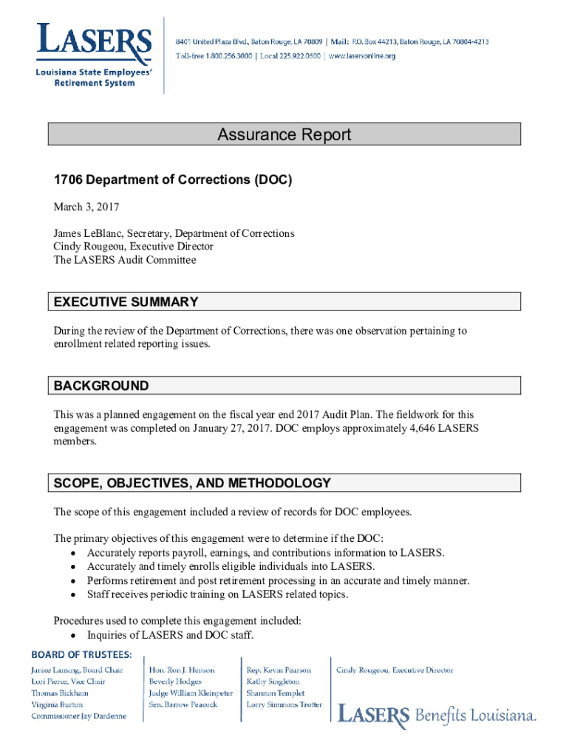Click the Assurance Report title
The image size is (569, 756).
(284, 134)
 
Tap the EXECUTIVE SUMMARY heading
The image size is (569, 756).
(126, 302)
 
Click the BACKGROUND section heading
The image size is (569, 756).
(101, 386)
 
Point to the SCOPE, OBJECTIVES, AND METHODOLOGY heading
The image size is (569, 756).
(192, 484)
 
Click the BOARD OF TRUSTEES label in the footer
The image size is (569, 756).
(81, 654)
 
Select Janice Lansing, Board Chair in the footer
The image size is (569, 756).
(77, 670)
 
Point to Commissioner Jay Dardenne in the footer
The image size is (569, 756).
(78, 716)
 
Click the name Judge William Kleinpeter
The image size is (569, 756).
(191, 693)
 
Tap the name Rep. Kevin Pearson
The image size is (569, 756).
(279, 670)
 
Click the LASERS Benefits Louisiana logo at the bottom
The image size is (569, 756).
(437, 715)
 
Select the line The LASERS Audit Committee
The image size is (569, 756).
(125, 260)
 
